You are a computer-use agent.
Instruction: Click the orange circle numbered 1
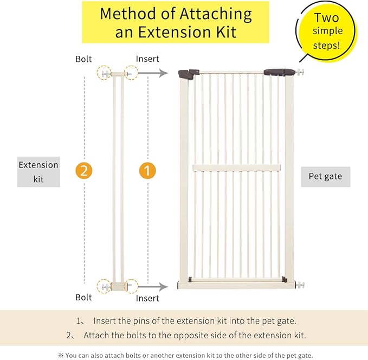[147, 170]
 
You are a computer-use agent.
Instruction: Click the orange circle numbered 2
[84, 170]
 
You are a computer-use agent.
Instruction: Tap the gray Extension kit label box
[38, 172]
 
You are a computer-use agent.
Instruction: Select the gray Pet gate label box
[325, 176]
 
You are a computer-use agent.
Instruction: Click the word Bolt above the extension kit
[84, 59]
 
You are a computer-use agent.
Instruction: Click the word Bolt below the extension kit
[84, 298]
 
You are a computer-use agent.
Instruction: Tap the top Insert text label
[147, 59]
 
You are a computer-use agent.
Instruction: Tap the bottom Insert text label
[147, 298]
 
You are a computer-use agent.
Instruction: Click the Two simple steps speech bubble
[327, 31]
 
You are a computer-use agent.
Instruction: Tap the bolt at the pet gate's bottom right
[300, 285]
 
